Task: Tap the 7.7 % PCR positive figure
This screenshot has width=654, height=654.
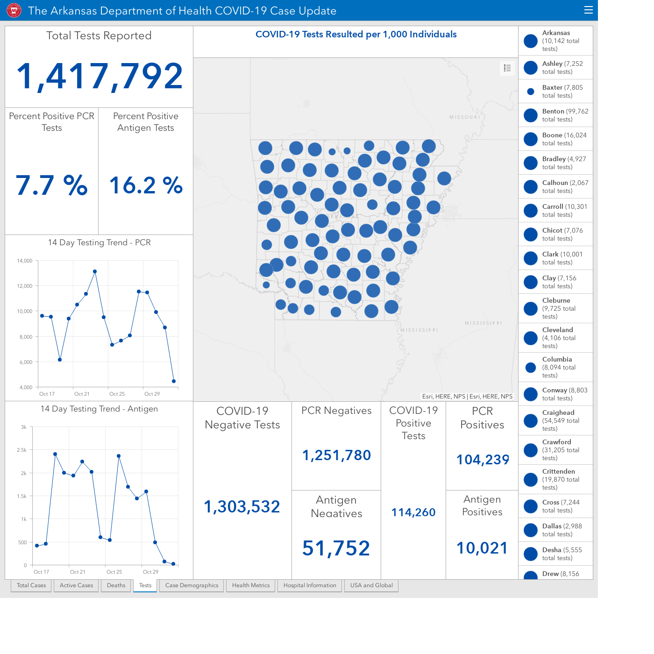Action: click(51, 185)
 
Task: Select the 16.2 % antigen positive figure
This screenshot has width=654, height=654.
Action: click(146, 185)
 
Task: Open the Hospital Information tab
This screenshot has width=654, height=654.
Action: click(310, 585)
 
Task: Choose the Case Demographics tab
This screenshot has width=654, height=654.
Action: click(192, 585)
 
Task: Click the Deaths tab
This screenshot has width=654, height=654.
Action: click(116, 585)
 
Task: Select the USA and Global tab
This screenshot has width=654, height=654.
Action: click(371, 585)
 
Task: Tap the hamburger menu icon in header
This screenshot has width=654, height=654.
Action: click(588, 10)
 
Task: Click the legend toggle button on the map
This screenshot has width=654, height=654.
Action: click(507, 68)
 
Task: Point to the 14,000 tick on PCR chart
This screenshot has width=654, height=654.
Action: click(24, 261)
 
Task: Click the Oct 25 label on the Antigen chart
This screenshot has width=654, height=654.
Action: click(114, 572)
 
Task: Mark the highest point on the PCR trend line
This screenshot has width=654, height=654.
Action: click(95, 271)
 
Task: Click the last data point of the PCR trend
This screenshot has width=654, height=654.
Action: click(174, 381)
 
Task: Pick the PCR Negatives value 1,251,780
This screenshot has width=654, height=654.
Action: click(336, 455)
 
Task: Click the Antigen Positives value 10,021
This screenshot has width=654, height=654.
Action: click(482, 548)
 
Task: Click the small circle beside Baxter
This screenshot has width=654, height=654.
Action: click(531, 91)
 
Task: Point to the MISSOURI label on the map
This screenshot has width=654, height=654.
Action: click(465, 117)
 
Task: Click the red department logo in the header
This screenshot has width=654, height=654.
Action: click(14, 10)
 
